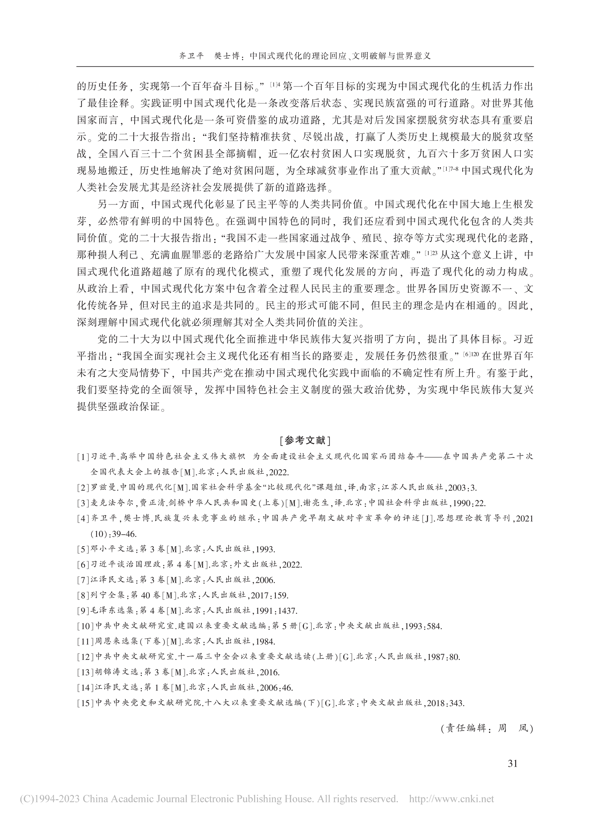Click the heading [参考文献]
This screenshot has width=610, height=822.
click(x=305, y=441)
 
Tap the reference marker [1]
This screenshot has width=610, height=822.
click(x=83, y=457)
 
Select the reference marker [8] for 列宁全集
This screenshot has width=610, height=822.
click(x=83, y=595)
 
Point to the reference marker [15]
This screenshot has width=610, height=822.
click(x=85, y=703)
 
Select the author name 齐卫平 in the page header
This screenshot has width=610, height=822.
click(x=191, y=56)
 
